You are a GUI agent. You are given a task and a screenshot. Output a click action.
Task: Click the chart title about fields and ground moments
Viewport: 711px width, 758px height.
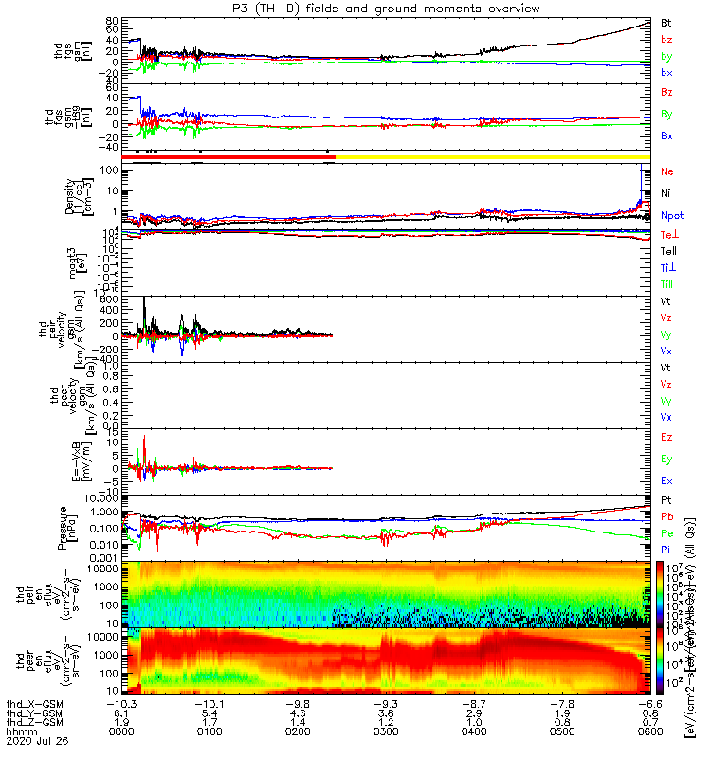pos(355,8)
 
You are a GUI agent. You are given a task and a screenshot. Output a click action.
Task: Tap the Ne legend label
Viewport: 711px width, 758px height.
pos(666,171)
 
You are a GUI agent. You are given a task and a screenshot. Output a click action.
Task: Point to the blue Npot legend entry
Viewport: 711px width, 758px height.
pos(671,215)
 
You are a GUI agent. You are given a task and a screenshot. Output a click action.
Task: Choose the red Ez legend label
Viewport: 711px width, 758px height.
pos(666,437)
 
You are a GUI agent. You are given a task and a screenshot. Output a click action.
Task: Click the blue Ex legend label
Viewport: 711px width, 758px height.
pos(666,480)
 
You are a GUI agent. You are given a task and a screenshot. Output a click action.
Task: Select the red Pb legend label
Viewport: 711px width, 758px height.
pos(666,516)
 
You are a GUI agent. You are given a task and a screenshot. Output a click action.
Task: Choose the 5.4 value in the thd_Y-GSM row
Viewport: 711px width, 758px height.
pos(209,713)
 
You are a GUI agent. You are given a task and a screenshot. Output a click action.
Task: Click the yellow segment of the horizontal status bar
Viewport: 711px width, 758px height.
pos(493,156)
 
